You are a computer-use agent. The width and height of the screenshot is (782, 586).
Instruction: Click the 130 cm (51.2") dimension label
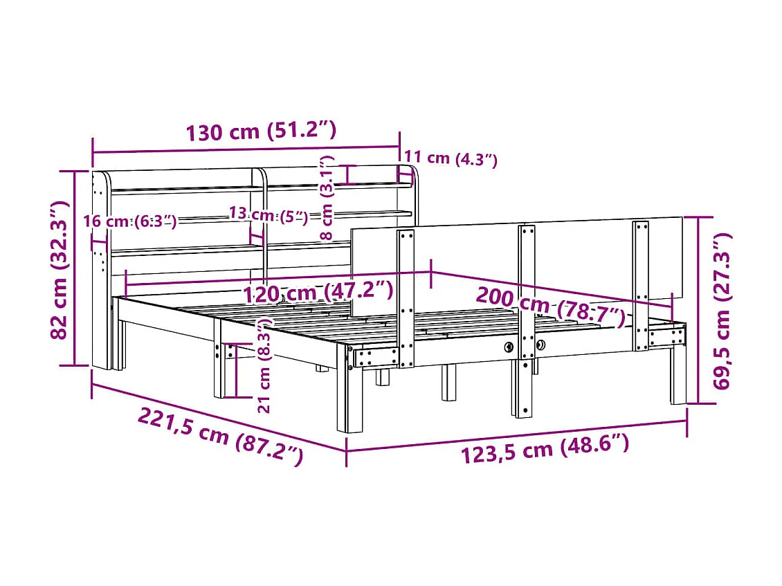pos(261,131)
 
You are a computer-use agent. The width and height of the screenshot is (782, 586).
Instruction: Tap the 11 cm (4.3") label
pos(451,158)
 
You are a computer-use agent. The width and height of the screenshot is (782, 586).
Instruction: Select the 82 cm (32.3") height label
pos(60,269)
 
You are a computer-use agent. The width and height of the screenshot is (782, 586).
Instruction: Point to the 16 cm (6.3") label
pos(129,221)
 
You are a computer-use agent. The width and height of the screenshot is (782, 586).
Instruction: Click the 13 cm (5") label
pos(269,214)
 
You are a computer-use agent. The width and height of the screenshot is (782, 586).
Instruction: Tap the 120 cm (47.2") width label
pos(318,292)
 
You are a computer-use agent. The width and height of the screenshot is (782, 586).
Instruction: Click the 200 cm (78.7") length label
pos(550,306)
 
